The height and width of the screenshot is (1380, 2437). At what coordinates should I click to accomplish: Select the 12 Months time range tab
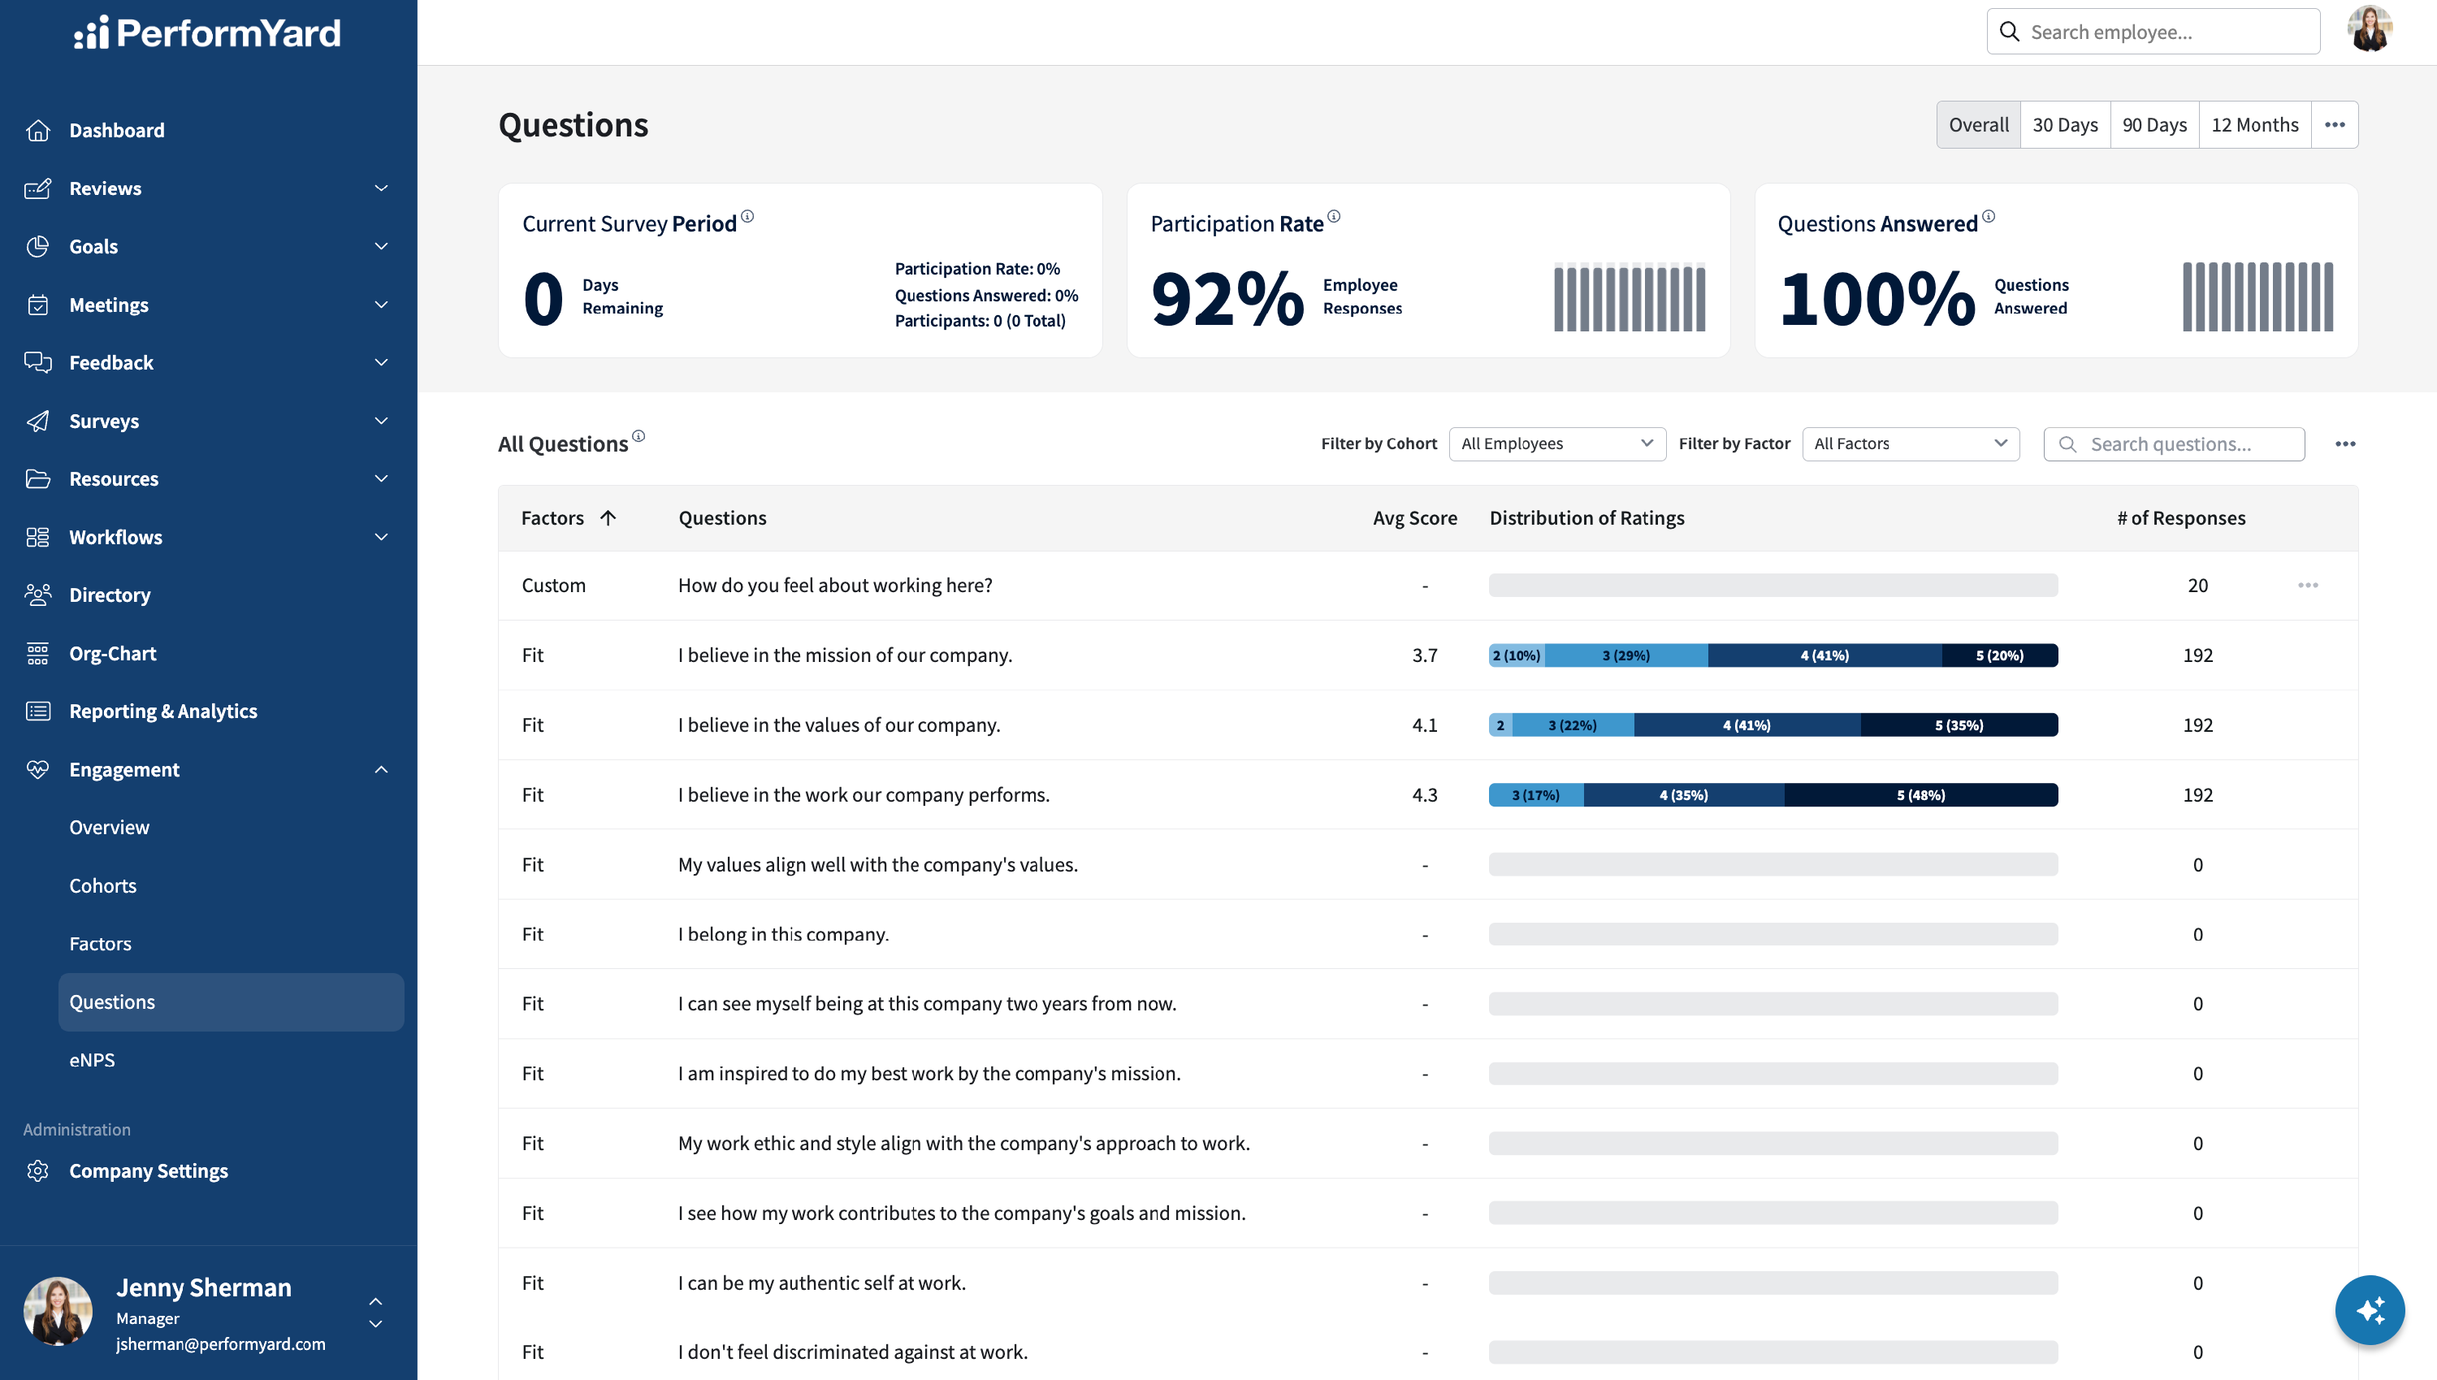point(2254,125)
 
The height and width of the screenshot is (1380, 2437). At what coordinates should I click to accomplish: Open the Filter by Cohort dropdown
point(1556,443)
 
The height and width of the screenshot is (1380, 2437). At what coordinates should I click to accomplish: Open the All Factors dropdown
point(1910,443)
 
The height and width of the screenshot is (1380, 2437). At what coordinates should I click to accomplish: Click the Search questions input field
point(2174,443)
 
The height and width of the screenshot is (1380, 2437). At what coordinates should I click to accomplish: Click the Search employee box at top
point(2153,32)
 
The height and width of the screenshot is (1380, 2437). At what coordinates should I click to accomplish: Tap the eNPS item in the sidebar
point(92,1060)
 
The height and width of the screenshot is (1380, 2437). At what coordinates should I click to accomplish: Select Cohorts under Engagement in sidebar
point(102,885)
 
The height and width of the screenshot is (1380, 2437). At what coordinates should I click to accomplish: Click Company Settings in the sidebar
point(148,1170)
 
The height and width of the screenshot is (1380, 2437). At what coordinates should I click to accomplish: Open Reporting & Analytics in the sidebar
point(163,711)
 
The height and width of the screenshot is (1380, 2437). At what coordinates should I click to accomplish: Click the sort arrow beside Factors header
point(608,517)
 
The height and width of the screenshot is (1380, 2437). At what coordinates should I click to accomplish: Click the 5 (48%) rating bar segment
point(1920,795)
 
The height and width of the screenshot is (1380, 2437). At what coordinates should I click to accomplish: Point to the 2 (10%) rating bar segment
point(1517,655)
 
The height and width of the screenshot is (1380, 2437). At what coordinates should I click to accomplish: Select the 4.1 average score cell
point(1424,725)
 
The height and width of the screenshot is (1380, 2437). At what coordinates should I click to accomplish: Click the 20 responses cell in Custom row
point(2197,586)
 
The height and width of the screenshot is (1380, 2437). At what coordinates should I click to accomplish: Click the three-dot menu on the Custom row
point(2307,586)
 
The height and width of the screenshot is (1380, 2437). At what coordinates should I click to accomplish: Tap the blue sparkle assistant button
point(2369,1311)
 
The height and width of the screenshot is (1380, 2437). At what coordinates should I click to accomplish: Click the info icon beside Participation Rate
point(1334,217)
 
